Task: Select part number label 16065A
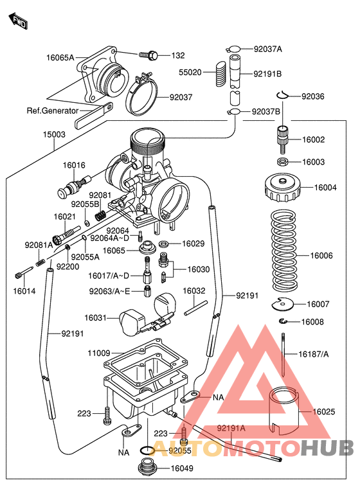(x=60, y=57)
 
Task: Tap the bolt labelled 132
(x=151, y=56)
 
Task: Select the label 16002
(x=314, y=139)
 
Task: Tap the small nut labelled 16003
(x=282, y=162)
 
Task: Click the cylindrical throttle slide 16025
(x=283, y=410)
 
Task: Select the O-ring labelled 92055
(x=147, y=450)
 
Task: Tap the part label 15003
(x=54, y=134)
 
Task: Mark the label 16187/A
(x=313, y=354)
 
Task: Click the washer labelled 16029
(x=164, y=244)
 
